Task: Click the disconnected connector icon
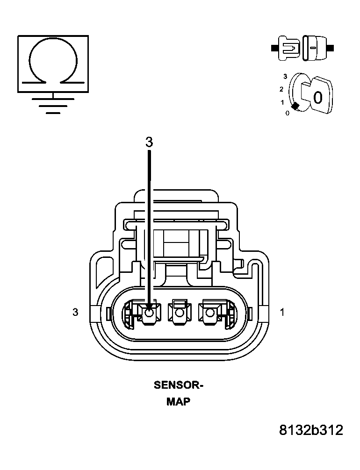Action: (302, 48)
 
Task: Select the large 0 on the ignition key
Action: (317, 98)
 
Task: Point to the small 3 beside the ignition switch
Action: (285, 76)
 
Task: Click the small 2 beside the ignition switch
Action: (281, 89)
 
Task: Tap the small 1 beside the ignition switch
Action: (282, 102)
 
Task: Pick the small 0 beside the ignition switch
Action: (287, 113)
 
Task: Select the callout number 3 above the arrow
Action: (149, 142)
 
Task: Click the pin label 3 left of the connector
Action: (75, 312)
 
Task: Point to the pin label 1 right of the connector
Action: (282, 312)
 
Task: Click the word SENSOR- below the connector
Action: (179, 386)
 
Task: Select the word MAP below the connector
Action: (179, 402)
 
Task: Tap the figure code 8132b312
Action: (311, 430)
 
